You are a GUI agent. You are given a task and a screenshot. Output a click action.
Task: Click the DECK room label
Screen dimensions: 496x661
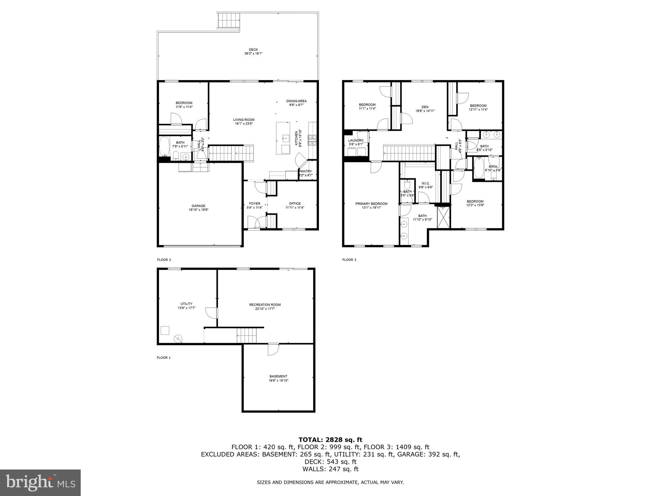(253, 50)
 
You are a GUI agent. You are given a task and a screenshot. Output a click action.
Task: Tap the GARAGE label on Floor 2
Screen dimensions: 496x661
(198, 206)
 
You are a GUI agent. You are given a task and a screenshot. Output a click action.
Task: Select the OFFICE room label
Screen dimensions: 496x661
(295, 203)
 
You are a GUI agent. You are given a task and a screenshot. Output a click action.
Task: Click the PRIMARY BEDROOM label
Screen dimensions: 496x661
(371, 204)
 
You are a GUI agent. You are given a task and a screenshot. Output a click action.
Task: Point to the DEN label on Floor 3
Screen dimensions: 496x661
(425, 107)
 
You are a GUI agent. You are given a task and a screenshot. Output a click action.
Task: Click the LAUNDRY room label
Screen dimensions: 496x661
(356, 140)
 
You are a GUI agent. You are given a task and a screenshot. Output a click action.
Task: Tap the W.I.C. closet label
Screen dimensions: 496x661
(425, 183)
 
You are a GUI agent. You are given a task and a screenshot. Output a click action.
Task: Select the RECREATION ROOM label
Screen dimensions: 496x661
(265, 305)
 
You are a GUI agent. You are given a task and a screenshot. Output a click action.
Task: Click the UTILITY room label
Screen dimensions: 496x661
(186, 304)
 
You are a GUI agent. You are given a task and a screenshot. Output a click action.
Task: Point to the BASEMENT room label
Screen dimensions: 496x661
(278, 376)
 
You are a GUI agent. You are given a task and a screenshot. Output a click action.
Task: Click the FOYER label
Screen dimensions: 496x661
(254, 203)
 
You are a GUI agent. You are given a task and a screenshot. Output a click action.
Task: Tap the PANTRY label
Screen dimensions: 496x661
(306, 171)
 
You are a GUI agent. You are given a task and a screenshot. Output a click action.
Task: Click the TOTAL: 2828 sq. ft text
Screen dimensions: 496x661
(330, 439)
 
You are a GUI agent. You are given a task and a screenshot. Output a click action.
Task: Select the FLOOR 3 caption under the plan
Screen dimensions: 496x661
(349, 260)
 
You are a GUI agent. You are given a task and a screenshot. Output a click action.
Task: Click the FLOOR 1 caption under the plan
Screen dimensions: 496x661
(163, 357)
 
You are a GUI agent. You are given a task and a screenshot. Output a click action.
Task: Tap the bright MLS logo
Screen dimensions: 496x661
(40, 482)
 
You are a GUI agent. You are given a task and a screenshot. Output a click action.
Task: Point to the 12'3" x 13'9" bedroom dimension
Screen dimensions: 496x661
(475, 205)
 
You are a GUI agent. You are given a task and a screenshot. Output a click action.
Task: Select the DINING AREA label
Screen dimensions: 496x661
(296, 101)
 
